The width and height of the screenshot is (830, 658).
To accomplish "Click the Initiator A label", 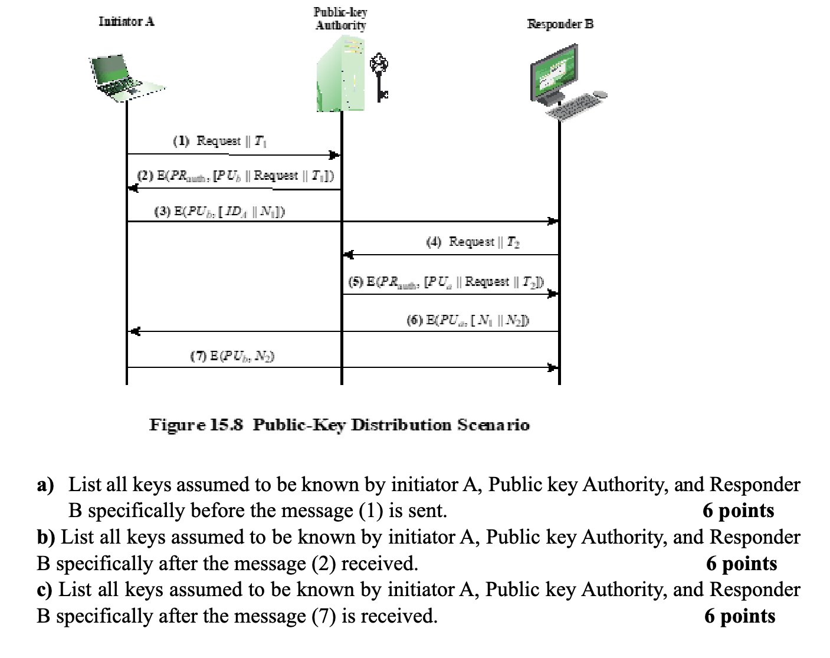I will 126,22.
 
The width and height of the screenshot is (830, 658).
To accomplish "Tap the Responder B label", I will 560,24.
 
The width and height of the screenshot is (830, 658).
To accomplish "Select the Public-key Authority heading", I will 340,19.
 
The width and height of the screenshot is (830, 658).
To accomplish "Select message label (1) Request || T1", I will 219,141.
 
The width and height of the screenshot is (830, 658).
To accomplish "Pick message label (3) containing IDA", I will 220,212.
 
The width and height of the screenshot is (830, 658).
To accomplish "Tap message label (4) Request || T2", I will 473,242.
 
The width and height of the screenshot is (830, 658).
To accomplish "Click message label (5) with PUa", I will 446,282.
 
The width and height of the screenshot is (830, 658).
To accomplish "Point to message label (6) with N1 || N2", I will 467,320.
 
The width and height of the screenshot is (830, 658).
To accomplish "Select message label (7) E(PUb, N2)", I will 232,356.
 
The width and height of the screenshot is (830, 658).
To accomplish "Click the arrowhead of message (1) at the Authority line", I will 334,155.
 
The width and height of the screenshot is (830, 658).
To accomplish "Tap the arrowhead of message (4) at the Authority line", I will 349,255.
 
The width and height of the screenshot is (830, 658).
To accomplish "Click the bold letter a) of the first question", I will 45,485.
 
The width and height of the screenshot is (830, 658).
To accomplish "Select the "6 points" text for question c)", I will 739,616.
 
